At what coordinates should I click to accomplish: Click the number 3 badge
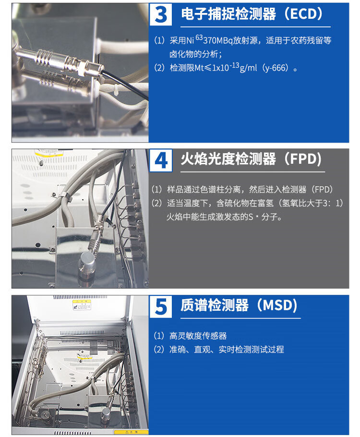161,14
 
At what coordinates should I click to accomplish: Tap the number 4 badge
161,160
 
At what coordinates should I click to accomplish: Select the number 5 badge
161,306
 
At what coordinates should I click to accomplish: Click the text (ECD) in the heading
304,14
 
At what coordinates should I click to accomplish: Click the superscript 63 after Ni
199,37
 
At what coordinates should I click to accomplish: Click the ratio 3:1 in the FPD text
333,203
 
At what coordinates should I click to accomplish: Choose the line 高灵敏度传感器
198,336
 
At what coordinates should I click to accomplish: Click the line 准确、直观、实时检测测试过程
227,350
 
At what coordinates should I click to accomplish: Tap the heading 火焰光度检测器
228,159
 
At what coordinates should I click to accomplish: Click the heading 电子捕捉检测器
228,14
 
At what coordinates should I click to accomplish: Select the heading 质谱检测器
215,305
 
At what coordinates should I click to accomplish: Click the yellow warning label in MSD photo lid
81,305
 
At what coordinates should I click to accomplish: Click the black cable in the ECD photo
124,84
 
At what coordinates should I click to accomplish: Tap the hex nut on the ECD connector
82,69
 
